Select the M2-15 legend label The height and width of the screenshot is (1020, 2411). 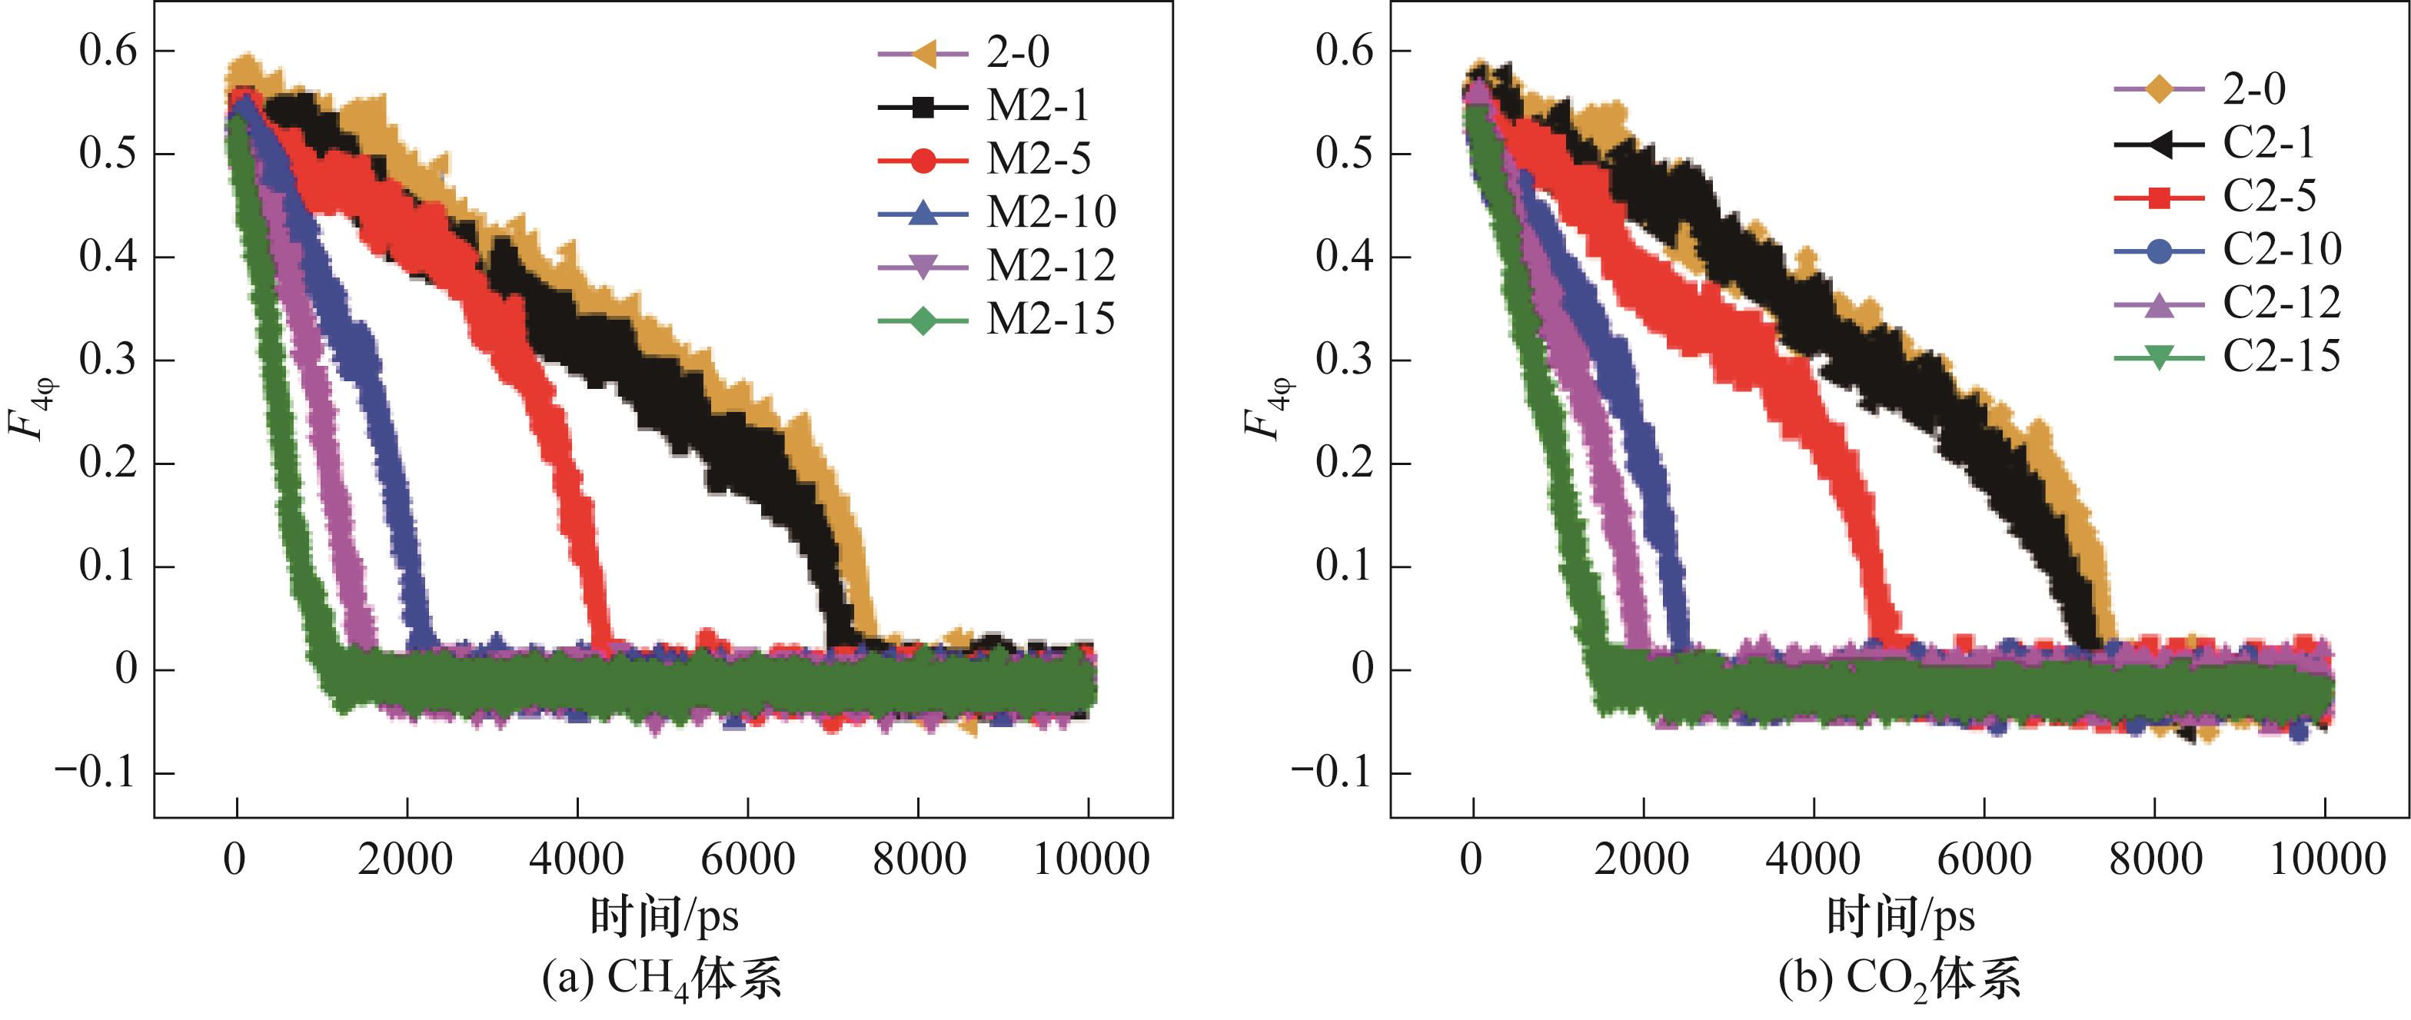point(1050,320)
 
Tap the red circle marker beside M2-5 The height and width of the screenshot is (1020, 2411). point(923,161)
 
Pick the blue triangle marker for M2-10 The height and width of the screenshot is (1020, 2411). point(923,214)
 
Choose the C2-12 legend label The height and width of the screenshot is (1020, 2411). point(2282,302)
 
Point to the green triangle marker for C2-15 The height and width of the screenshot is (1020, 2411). point(2158,357)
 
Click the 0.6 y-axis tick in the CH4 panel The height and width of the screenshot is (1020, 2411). point(108,51)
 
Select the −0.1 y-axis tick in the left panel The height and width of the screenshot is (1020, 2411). point(96,773)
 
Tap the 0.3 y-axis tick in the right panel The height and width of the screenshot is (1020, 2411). point(1345,360)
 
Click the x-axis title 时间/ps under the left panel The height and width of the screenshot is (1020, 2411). point(663,915)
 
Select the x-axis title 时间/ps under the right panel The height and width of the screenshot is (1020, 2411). point(1901,915)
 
